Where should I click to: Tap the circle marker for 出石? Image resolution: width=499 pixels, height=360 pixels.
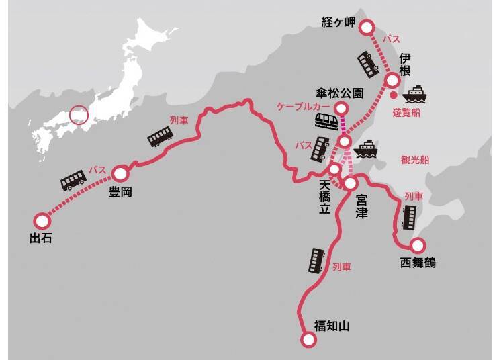click(x=42, y=220)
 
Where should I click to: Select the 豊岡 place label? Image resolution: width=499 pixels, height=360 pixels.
click(x=120, y=192)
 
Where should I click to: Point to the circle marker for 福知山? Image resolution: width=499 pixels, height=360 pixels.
click(x=308, y=339)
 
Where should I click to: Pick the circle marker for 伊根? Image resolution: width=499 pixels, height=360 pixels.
click(x=393, y=81)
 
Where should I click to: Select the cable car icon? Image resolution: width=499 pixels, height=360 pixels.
click(x=327, y=121)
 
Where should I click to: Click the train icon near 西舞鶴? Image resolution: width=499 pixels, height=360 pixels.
click(x=409, y=216)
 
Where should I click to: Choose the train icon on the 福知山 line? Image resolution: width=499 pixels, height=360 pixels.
click(x=316, y=260)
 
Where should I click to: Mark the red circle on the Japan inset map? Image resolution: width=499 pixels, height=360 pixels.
click(x=79, y=114)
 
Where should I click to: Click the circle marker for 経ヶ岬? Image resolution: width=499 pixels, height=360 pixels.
click(x=367, y=27)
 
